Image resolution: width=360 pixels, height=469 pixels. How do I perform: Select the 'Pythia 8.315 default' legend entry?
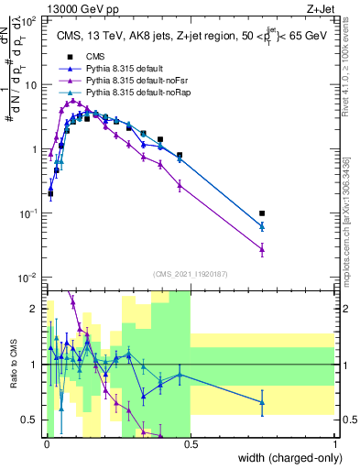(124, 69)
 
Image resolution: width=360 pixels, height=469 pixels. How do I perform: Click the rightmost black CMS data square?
(262, 213)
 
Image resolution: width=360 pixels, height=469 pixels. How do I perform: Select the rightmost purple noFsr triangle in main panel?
(262, 248)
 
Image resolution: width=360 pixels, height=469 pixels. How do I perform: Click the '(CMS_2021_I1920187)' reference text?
(190, 273)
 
